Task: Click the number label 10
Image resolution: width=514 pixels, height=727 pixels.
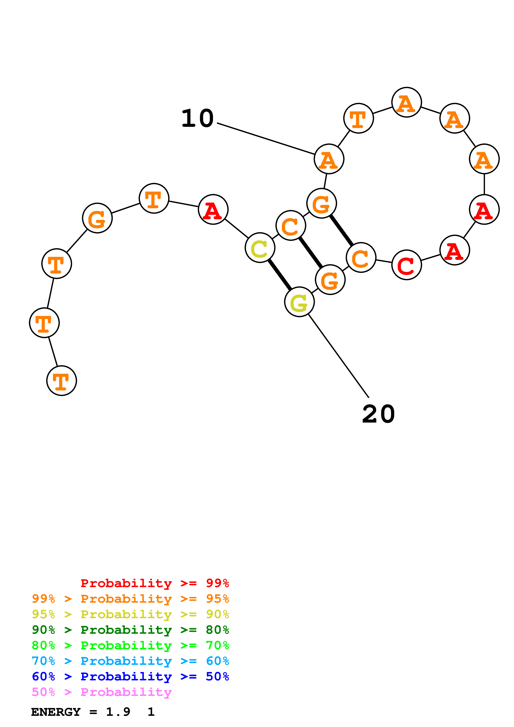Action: (x=197, y=118)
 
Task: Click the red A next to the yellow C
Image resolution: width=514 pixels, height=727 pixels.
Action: (x=213, y=209)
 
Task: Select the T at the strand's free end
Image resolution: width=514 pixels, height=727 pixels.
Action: (x=61, y=381)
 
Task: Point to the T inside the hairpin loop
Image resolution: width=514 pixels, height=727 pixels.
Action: (x=358, y=118)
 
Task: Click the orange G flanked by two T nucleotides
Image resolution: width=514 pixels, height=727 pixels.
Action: (x=97, y=218)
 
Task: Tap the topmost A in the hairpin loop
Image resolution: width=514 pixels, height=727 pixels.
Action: (x=406, y=102)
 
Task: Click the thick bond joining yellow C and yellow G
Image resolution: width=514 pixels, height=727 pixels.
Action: (x=280, y=275)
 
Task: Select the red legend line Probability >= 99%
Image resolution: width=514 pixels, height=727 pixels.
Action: (x=154, y=583)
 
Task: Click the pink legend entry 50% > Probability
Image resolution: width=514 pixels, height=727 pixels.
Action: (x=102, y=692)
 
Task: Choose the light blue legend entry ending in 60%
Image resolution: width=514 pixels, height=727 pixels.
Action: (x=130, y=661)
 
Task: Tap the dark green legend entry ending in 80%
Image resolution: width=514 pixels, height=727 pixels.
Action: (x=130, y=630)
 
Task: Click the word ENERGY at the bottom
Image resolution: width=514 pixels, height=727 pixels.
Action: (x=56, y=712)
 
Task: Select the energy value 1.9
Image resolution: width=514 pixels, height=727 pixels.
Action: (x=118, y=712)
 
